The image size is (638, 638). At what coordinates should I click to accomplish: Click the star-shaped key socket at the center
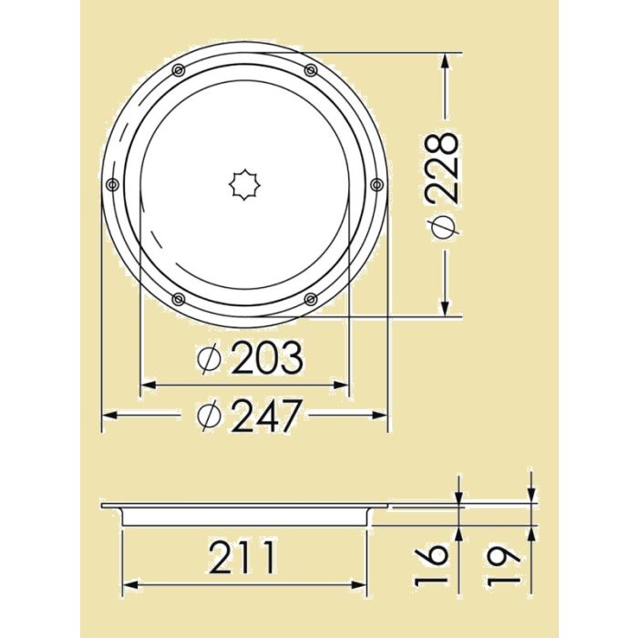tap(244, 185)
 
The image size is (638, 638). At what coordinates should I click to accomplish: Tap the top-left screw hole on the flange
tap(179, 70)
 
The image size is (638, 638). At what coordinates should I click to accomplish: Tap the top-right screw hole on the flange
tap(311, 70)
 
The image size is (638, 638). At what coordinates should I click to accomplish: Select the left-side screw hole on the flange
tap(112, 185)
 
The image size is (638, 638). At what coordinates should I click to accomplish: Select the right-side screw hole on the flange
tap(376, 185)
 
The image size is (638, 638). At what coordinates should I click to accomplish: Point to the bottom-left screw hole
tap(179, 299)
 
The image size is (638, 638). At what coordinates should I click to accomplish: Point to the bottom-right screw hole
tap(311, 299)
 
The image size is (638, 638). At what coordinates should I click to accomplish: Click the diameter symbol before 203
tap(210, 361)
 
